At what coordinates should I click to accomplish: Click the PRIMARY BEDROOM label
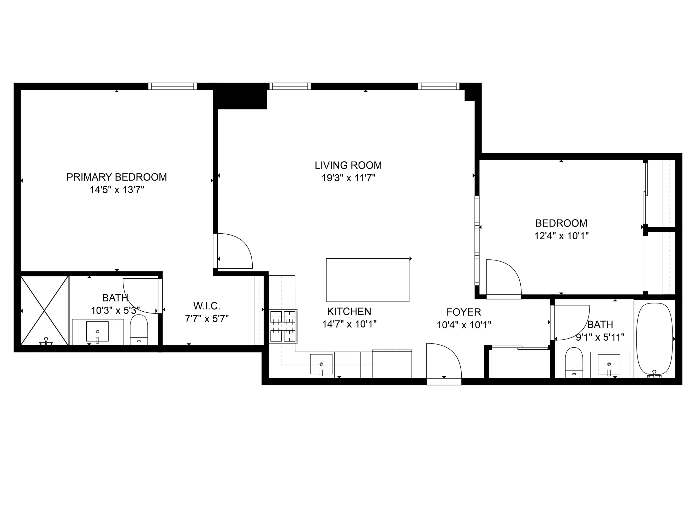(x=116, y=177)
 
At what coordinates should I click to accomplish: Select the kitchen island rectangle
(x=367, y=280)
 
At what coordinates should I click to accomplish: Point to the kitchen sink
(x=321, y=364)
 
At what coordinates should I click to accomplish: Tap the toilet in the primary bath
(x=139, y=330)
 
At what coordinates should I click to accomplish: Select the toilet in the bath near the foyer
(x=574, y=363)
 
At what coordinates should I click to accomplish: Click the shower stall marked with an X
(x=44, y=311)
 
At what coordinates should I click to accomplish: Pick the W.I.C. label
(x=207, y=306)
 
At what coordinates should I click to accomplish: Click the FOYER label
(x=464, y=312)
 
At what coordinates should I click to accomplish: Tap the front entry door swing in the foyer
(x=444, y=362)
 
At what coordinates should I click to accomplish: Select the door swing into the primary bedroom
(x=234, y=252)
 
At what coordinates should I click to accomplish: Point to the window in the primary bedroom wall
(x=172, y=86)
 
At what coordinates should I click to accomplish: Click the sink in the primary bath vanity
(x=97, y=331)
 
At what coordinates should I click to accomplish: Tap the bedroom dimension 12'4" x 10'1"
(x=561, y=236)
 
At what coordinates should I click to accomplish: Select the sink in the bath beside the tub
(x=609, y=364)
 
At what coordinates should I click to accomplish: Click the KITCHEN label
(x=349, y=311)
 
